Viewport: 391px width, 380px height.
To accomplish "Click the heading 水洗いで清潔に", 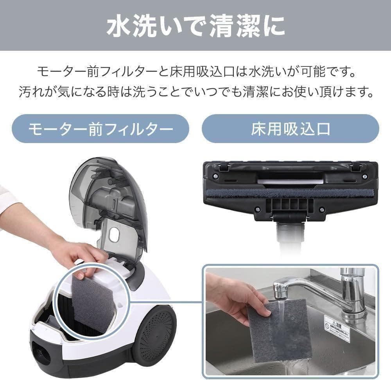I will pos(195,25).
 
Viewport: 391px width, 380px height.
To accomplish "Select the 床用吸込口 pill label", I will pos(290,129).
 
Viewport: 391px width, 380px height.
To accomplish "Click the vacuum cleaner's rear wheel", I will pos(153,335).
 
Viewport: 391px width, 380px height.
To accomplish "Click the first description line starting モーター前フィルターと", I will pos(195,72).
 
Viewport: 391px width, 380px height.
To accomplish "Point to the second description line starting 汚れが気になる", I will pos(195,93).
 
